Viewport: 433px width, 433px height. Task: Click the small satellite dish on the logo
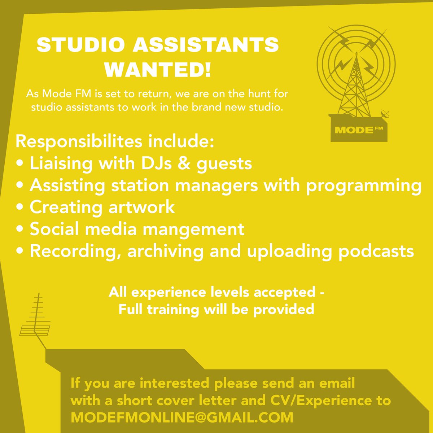point(385,115)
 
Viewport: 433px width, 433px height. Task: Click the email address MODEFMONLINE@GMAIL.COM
point(182,417)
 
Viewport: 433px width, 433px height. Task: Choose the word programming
point(364,185)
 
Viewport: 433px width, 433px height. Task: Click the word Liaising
point(61,163)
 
